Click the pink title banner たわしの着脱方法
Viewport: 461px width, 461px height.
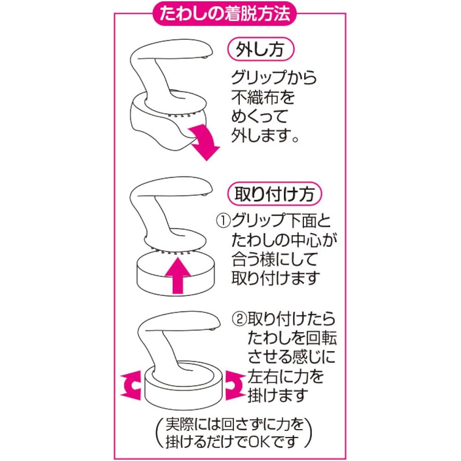225,13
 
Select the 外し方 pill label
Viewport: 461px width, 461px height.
261,49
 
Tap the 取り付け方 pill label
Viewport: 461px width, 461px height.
275,194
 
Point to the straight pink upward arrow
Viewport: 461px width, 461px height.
177,275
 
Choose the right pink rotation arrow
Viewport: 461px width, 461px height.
235,385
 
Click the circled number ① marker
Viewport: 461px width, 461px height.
224,221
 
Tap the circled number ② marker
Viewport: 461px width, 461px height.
239,319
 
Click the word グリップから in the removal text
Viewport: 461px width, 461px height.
274,78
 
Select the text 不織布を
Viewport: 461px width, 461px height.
263,97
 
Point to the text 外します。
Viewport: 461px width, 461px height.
265,136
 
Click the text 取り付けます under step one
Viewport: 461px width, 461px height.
276,278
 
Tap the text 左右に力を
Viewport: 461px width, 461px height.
285,377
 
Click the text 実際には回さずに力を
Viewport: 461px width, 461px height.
234,424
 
